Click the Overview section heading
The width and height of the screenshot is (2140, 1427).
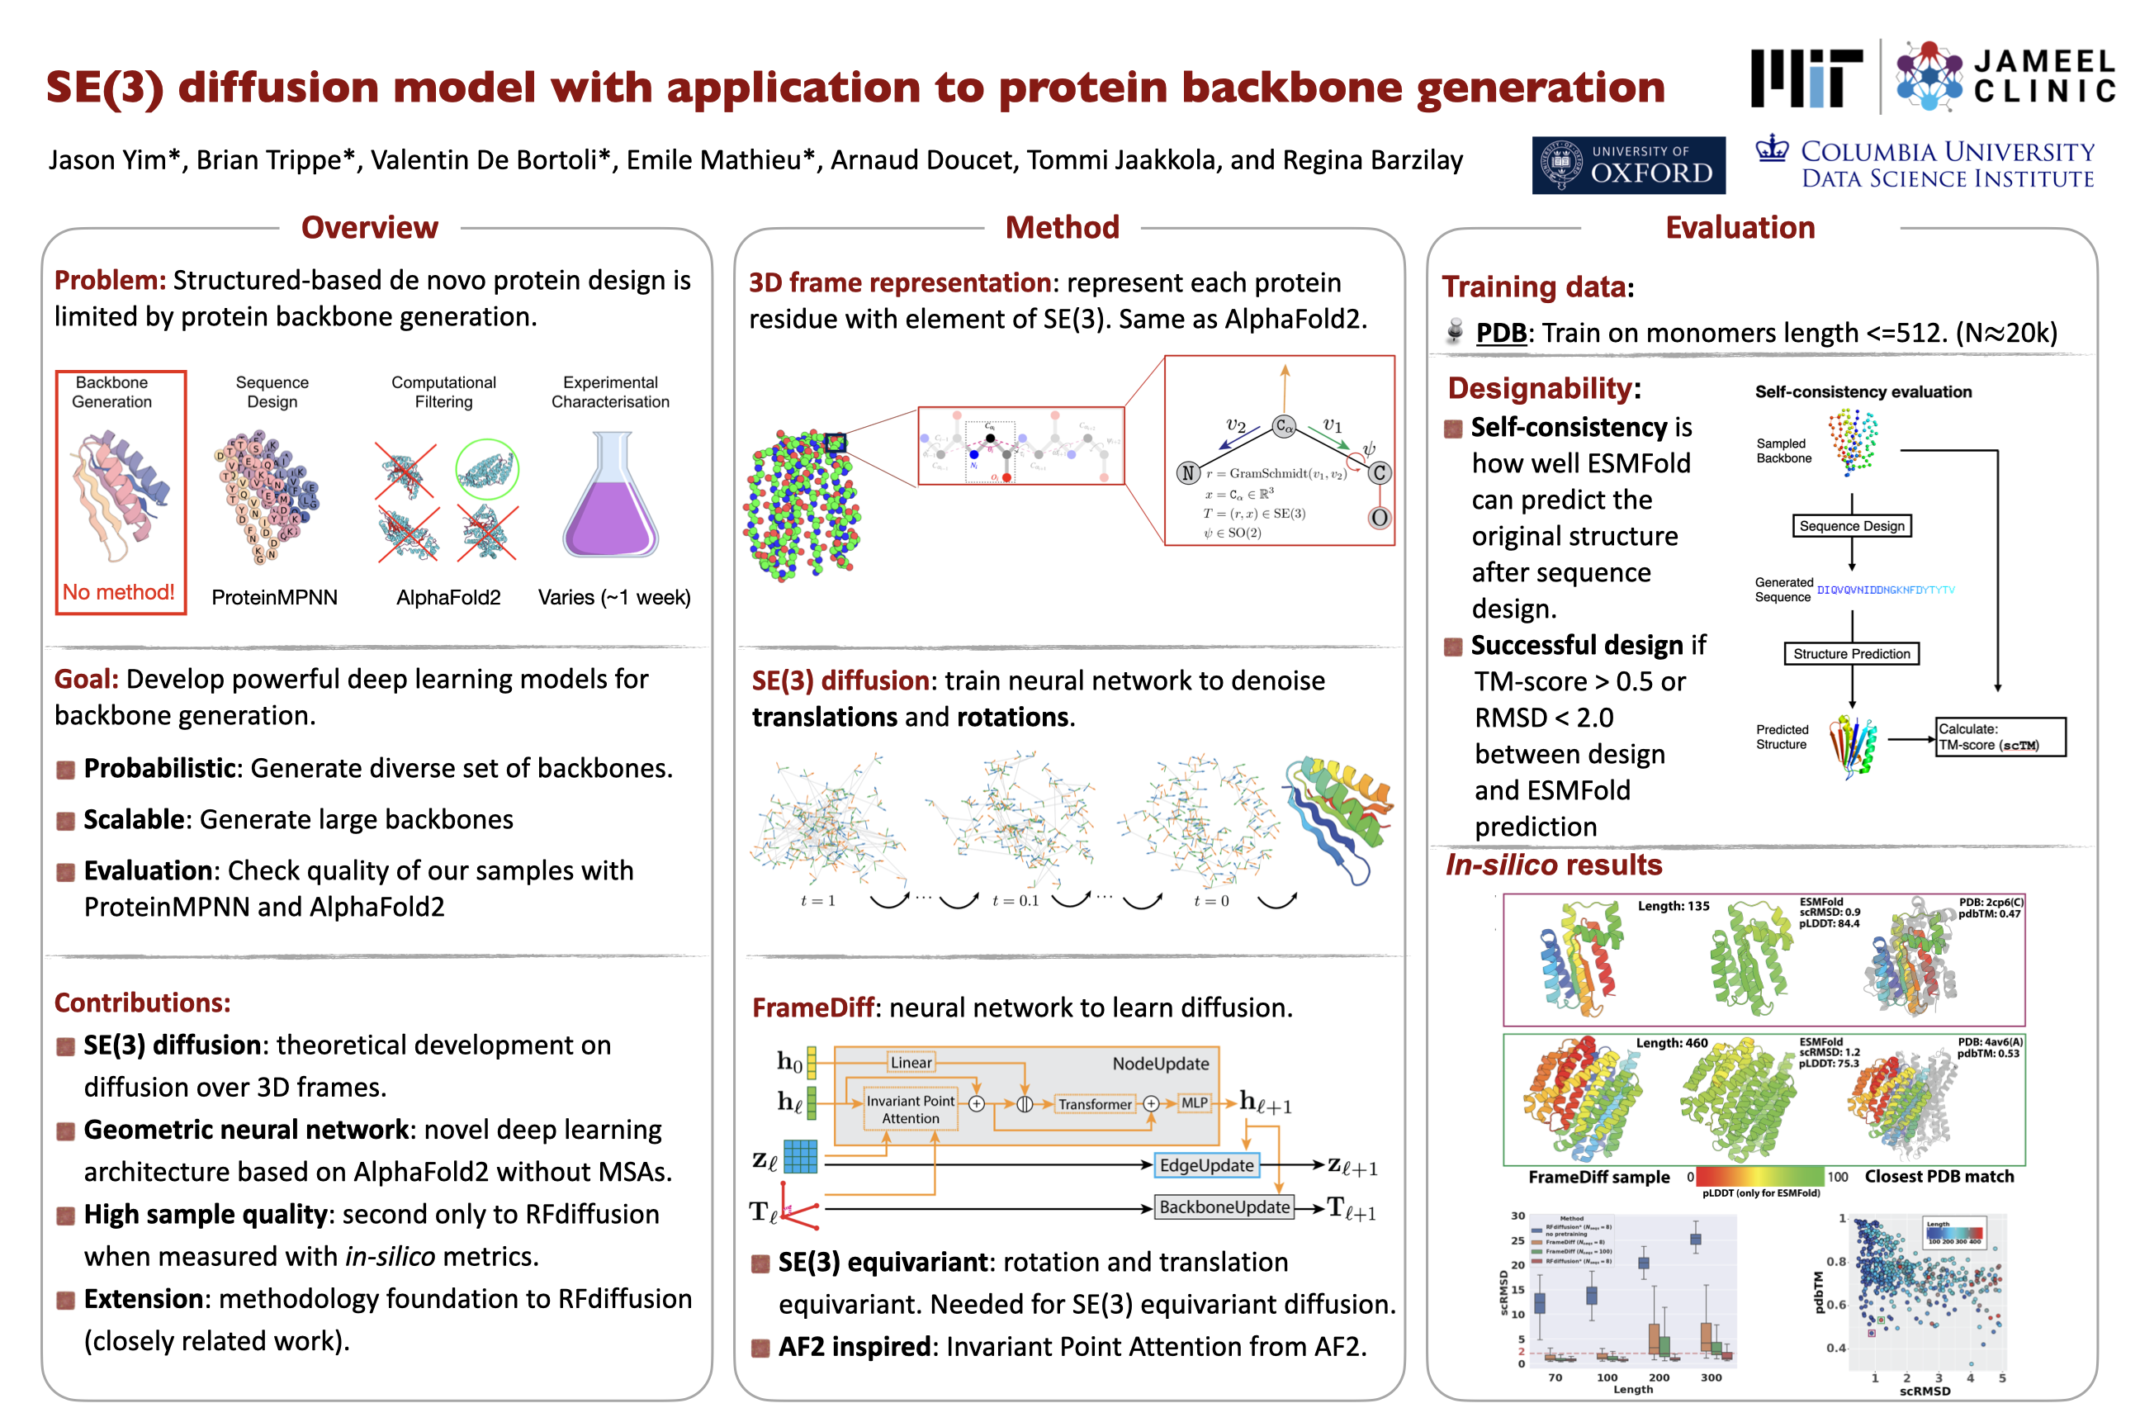click(x=369, y=228)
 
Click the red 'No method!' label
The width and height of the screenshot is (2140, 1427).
click(x=118, y=592)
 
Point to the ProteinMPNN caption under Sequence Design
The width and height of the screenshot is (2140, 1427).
click(x=274, y=597)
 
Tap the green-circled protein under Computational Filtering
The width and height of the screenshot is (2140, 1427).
click(x=487, y=470)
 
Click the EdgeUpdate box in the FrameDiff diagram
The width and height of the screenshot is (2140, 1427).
click(x=1205, y=1166)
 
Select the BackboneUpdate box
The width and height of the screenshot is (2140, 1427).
click(x=1224, y=1207)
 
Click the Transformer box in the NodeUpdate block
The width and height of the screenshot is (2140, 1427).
click(x=1095, y=1104)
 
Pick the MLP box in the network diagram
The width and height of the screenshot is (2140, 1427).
click(x=1194, y=1103)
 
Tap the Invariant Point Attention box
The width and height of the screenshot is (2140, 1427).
click(x=910, y=1109)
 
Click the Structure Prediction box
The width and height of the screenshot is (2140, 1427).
click(x=1851, y=653)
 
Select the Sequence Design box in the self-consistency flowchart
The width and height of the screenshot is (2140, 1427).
click(x=1851, y=526)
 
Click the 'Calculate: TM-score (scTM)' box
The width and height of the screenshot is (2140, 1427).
click(x=2000, y=737)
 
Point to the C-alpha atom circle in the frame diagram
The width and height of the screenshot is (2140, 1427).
click(x=1284, y=426)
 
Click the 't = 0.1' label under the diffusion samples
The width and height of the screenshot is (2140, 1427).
click(x=1015, y=901)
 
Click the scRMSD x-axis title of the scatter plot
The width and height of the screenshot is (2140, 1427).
click(x=1925, y=1391)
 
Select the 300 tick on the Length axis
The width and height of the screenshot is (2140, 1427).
click(x=1711, y=1377)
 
